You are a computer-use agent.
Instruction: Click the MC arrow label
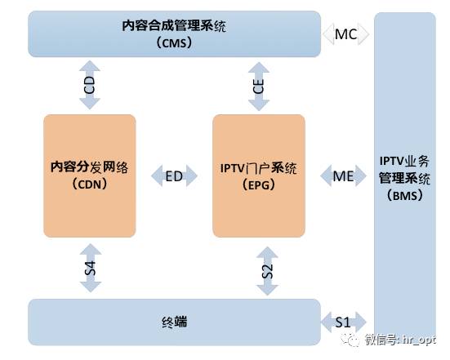345,34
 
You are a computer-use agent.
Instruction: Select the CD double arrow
90,85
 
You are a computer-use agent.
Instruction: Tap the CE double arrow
259,87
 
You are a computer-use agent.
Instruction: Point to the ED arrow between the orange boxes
174,176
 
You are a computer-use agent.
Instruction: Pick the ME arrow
343,176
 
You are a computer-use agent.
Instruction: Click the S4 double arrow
91,269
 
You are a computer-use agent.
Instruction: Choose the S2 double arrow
267,271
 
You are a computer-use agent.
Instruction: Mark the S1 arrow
344,322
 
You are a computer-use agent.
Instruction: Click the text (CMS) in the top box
174,43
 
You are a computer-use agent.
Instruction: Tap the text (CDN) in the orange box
90,184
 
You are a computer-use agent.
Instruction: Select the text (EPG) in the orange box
259,185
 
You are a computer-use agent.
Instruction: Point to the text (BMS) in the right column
404,196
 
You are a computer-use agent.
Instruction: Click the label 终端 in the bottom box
174,322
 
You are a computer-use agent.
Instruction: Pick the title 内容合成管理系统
174,26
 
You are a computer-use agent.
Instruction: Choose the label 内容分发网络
90,167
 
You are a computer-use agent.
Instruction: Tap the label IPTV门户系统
259,168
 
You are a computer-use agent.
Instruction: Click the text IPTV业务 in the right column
404,161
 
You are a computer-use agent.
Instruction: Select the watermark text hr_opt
419,340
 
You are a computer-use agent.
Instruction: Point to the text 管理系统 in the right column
404,179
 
